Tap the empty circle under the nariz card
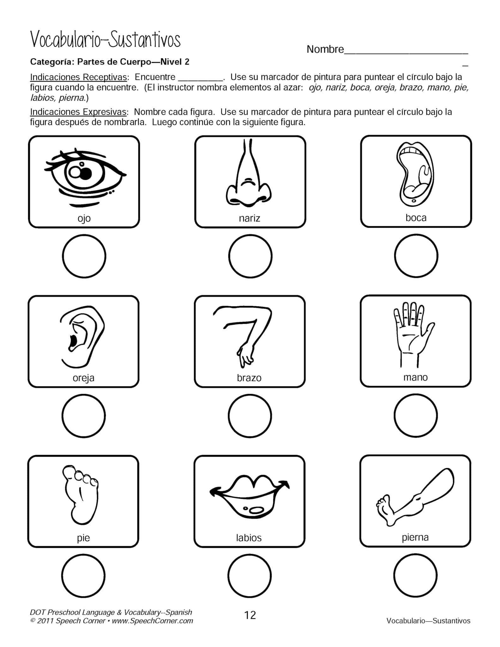tap(250, 256)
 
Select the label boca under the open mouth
tap(416, 218)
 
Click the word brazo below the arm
tap(249, 378)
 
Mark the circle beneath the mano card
tap(416, 415)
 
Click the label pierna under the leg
tap(415, 537)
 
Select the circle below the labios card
tap(249, 575)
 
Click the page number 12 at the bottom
tap(250, 615)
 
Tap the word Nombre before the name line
tap(325, 49)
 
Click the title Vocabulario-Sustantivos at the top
tap(105, 40)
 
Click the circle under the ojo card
tap(84, 256)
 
